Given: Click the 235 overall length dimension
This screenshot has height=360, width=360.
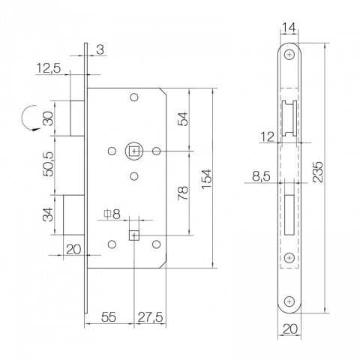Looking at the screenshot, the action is click(x=318, y=172).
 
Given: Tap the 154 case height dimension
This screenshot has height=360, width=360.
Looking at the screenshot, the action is click(x=206, y=179).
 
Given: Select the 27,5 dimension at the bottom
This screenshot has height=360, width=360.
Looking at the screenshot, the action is click(x=151, y=317).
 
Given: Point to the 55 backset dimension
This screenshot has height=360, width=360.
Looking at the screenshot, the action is click(x=109, y=317).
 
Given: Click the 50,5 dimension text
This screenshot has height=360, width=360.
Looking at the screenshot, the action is click(x=48, y=164).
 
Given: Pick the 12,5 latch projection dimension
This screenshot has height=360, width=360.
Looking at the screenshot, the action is click(x=49, y=68).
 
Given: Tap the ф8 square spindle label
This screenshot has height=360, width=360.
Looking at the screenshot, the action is click(x=112, y=214).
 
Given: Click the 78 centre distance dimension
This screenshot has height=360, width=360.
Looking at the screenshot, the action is click(x=183, y=193).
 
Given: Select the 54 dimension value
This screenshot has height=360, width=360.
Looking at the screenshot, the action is click(x=183, y=118).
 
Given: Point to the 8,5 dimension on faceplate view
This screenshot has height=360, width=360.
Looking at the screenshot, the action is click(x=261, y=176).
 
